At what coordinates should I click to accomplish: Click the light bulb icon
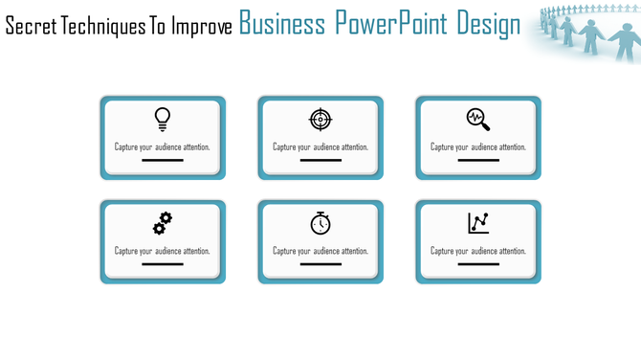pyautogui.click(x=163, y=119)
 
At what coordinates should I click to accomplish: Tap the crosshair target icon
pyautogui.click(x=320, y=119)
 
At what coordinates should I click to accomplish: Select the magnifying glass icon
pyautogui.click(x=478, y=120)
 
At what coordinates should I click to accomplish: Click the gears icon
pyautogui.click(x=163, y=223)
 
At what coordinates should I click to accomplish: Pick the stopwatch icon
pyautogui.click(x=320, y=223)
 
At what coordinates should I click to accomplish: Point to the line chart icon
pyautogui.click(x=478, y=223)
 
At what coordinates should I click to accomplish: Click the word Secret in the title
pyautogui.click(x=31, y=26)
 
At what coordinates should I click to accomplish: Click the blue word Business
pyautogui.click(x=282, y=24)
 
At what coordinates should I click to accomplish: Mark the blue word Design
pyautogui.click(x=488, y=24)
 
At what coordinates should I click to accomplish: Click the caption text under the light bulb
pyautogui.click(x=163, y=147)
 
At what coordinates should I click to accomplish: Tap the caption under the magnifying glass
pyautogui.click(x=478, y=147)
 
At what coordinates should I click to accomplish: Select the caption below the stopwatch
pyautogui.click(x=320, y=251)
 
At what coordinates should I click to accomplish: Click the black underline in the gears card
pyautogui.click(x=163, y=264)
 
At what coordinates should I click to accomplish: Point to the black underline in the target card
pyautogui.click(x=320, y=161)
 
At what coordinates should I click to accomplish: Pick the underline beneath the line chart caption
pyautogui.click(x=478, y=264)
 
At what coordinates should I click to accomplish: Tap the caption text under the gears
pyautogui.click(x=163, y=251)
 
